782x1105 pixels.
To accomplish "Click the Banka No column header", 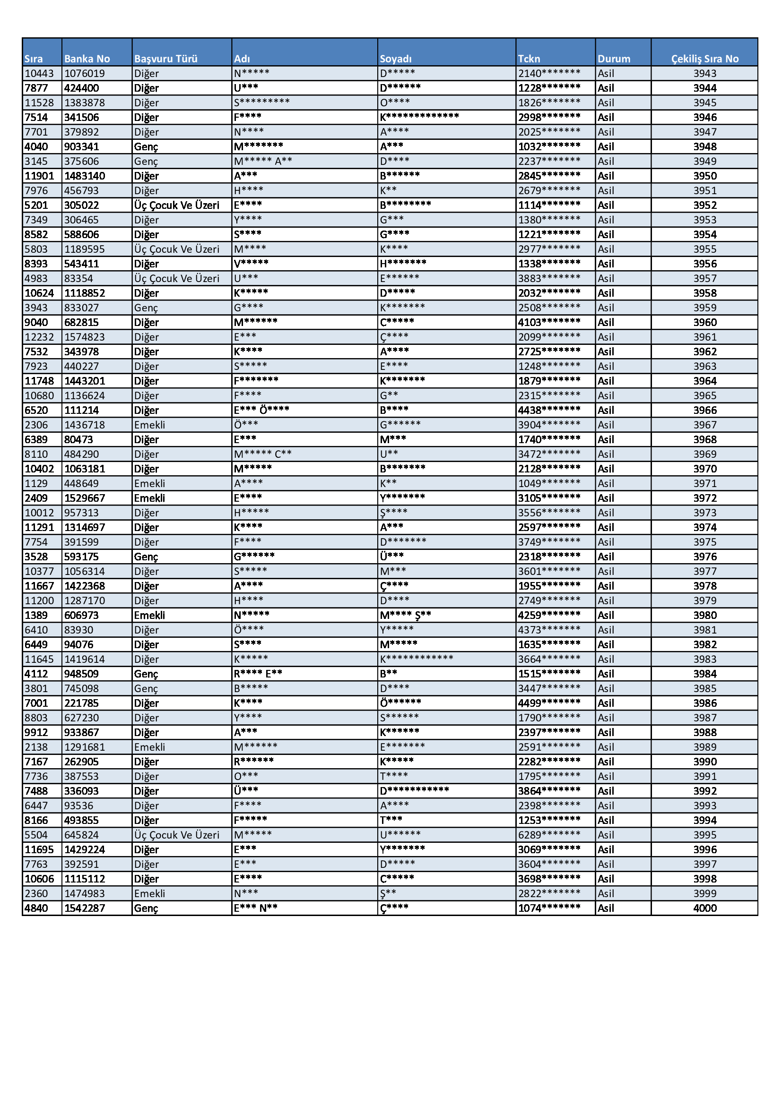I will (87, 59).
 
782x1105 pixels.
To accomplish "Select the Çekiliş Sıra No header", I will (704, 59).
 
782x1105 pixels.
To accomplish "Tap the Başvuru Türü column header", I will (165, 59).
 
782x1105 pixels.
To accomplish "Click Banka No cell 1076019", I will (85, 74).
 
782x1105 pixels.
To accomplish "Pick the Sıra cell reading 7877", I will (36, 88).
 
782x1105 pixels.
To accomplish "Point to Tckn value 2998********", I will (549, 118).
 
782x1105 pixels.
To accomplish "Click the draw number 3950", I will (704, 176).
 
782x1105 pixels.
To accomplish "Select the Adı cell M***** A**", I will (263, 161).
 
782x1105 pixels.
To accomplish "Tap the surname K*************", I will (419, 118).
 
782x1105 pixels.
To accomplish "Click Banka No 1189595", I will (85, 249).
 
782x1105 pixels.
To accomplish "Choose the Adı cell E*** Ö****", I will (261, 410).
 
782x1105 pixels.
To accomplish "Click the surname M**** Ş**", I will (405, 615).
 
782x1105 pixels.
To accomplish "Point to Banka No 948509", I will (81, 674).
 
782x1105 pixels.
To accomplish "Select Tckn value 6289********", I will (549, 835).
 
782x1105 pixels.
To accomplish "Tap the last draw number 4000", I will (704, 908).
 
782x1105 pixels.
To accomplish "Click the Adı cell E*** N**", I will (256, 908).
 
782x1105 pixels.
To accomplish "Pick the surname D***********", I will (414, 791).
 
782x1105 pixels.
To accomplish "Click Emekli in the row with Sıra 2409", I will (149, 498).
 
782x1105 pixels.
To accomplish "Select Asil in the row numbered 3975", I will (606, 542).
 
